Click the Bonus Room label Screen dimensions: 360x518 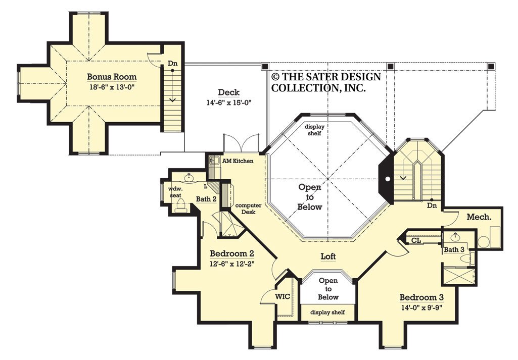[112, 77]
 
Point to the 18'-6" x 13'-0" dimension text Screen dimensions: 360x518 [112, 86]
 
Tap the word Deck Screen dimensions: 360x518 [228, 92]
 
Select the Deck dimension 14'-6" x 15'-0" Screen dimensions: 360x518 [228, 102]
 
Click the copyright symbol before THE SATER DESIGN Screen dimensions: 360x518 [275, 77]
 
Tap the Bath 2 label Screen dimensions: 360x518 [206, 199]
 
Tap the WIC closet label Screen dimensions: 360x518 [282, 296]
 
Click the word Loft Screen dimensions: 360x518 [328, 256]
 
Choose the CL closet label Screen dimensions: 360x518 [416, 240]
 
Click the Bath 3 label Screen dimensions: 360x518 [454, 249]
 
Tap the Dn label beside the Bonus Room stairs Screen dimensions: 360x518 [172, 64]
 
